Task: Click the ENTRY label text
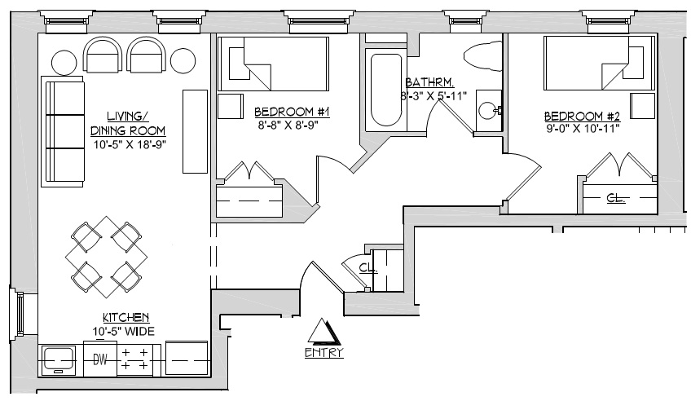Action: [323, 353]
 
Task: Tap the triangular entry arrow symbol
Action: [323, 332]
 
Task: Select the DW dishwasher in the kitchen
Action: [100, 358]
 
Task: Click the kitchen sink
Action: [58, 358]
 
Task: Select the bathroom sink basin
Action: [488, 110]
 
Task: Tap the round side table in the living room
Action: [64, 61]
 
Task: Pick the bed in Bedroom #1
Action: [271, 64]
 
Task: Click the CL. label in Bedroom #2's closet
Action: [615, 197]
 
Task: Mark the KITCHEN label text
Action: [125, 317]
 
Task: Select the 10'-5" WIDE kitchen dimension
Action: [125, 330]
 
